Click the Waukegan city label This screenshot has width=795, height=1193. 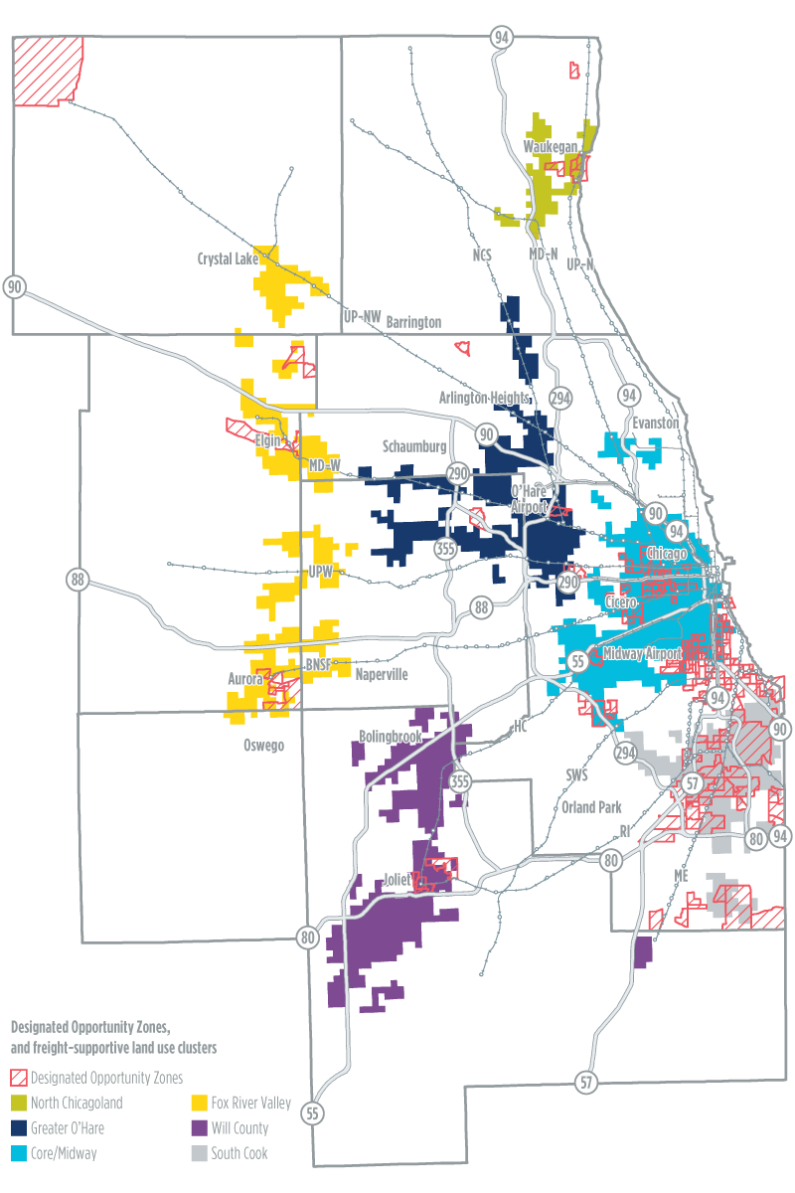pos(551,147)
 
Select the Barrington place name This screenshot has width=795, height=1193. pos(412,322)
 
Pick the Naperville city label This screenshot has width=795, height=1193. pos(383,673)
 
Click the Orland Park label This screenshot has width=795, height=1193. pos(591,807)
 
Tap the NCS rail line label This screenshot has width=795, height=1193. pos(482,256)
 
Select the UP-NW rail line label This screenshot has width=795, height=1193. pos(362,315)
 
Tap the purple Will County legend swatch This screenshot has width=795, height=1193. pos(201,1127)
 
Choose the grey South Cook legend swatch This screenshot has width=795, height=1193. pos(201,1153)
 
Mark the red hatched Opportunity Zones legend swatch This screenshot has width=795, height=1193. pos(18,1077)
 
